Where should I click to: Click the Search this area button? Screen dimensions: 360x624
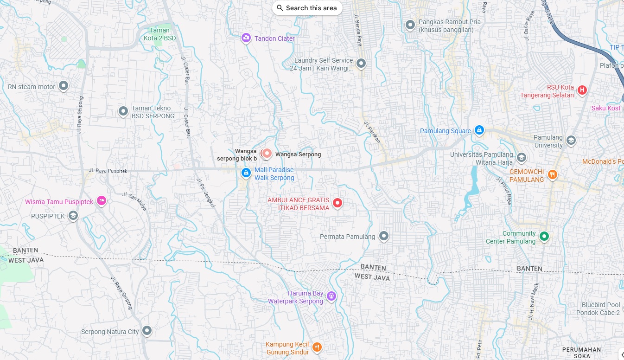(306, 8)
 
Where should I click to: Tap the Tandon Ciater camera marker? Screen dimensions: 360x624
(246, 38)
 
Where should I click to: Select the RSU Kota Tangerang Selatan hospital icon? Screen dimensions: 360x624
(582, 90)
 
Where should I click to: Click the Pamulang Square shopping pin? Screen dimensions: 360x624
(479, 130)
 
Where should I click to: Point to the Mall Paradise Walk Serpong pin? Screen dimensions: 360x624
(246, 173)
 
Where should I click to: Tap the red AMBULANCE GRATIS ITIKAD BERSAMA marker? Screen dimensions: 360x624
(337, 203)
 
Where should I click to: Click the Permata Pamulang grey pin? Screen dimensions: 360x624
(383, 236)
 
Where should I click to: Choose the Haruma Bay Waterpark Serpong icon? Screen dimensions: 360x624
(331, 296)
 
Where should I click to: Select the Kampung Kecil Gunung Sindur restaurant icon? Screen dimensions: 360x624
(317, 347)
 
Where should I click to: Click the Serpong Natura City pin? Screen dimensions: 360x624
(147, 331)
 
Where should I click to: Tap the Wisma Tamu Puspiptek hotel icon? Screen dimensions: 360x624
(102, 201)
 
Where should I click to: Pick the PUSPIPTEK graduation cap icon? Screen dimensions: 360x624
(73, 216)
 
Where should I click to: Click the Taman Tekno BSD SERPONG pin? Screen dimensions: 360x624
(123, 111)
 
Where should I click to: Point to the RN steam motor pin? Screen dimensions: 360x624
(64, 86)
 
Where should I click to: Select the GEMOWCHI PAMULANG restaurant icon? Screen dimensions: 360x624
(552, 175)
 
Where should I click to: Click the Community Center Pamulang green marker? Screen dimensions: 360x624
(544, 237)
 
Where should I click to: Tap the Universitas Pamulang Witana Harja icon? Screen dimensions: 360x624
(522, 158)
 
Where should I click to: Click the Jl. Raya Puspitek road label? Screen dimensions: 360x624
(108, 171)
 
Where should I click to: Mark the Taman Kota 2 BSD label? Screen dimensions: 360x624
(159, 34)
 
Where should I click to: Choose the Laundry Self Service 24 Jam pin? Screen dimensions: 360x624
(361, 64)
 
